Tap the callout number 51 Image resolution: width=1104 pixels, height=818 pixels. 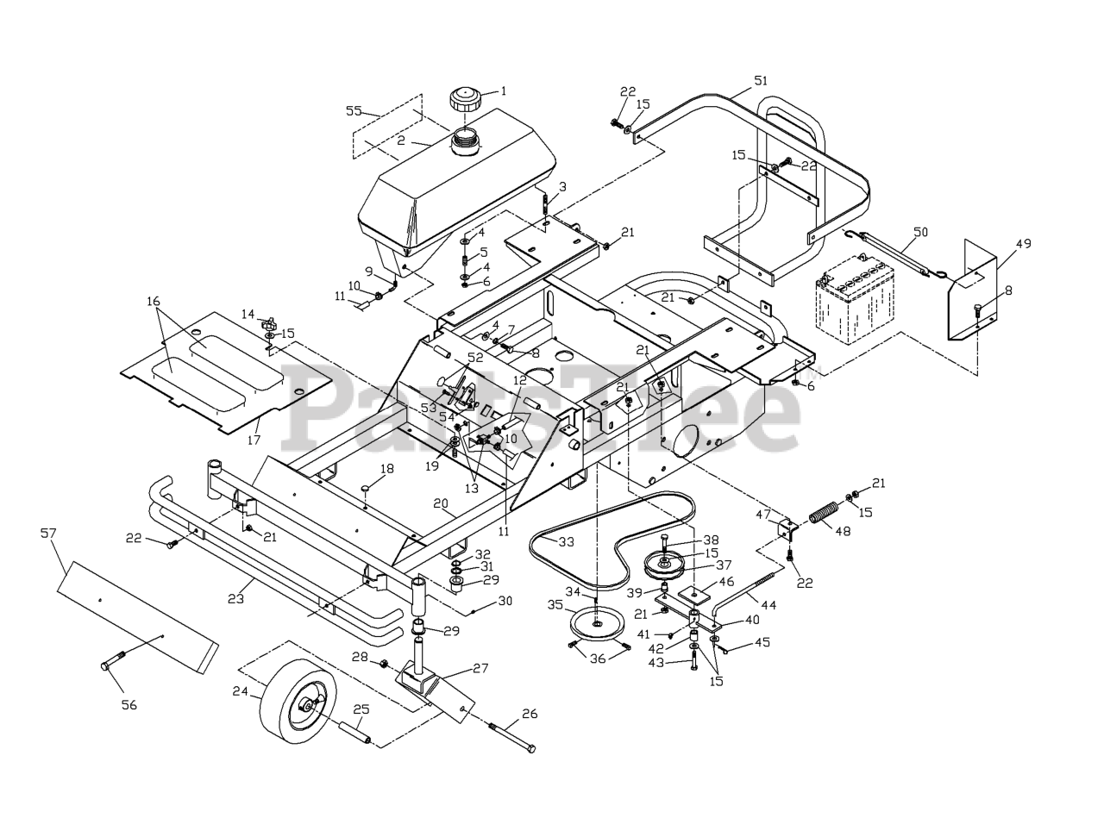(x=760, y=80)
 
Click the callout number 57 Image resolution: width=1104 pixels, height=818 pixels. (x=48, y=534)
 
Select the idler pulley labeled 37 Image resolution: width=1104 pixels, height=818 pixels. (x=664, y=565)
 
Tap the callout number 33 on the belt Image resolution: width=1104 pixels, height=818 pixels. (x=566, y=542)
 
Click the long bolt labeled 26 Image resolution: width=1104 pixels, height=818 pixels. (x=512, y=737)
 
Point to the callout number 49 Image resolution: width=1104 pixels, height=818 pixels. (x=1023, y=244)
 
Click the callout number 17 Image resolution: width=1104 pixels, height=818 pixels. (x=254, y=440)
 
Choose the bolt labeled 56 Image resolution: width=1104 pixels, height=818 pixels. (x=113, y=661)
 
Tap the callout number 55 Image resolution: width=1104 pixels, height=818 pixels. (x=354, y=110)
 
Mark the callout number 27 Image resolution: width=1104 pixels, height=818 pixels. (x=480, y=668)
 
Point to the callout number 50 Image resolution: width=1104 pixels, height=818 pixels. (x=921, y=232)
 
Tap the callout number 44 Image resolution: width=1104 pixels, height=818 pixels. (x=768, y=605)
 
